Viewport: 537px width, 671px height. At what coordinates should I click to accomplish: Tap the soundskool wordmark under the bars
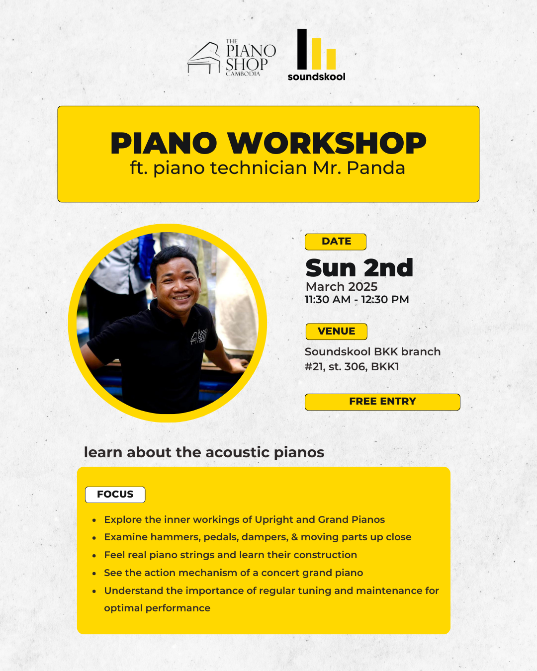coord(316,77)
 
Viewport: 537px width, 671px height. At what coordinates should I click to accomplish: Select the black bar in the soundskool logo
coord(302,49)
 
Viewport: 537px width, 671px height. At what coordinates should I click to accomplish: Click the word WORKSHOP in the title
coord(327,143)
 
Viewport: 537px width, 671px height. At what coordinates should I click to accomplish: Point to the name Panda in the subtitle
coord(376,168)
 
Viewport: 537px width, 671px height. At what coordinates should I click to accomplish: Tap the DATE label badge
coord(336,242)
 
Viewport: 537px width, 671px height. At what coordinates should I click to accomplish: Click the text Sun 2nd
coord(359,268)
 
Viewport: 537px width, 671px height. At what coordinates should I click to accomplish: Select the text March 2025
coord(342,287)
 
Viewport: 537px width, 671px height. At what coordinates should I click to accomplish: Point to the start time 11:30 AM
coord(327,300)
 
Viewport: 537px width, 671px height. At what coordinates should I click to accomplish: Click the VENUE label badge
coord(336,332)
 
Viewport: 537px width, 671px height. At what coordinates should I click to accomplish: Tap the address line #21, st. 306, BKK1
coord(352,367)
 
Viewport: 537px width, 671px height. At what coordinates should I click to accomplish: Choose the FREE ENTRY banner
coord(382,402)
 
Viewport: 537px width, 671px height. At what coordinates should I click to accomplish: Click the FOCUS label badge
coord(115,495)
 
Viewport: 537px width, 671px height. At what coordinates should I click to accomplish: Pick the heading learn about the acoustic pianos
coord(204,452)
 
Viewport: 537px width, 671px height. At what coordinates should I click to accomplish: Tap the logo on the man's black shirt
coord(199,336)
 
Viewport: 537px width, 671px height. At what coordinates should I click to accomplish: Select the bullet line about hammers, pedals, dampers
coord(258,537)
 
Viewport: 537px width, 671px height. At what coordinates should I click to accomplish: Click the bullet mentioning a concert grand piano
coord(233,573)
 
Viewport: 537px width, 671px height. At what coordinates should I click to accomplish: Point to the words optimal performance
coord(157,608)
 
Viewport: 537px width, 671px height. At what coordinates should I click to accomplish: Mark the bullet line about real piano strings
coord(230,555)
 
